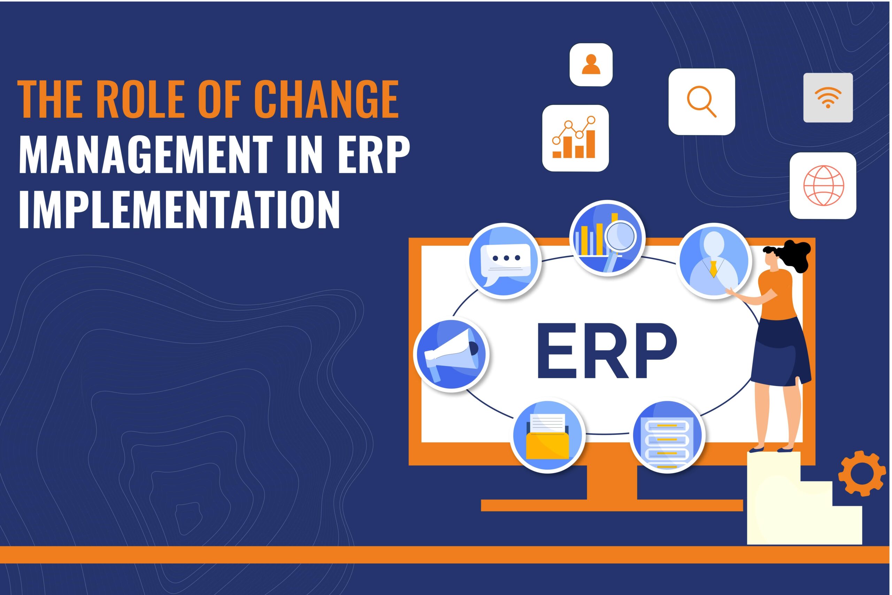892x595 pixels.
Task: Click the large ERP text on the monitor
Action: point(607,351)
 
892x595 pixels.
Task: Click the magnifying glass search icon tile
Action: point(702,102)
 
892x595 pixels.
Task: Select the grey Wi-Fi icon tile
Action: point(828,98)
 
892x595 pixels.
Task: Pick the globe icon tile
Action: point(823,185)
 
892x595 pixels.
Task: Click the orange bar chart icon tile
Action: point(575,138)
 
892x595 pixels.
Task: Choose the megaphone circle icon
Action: point(451,354)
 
